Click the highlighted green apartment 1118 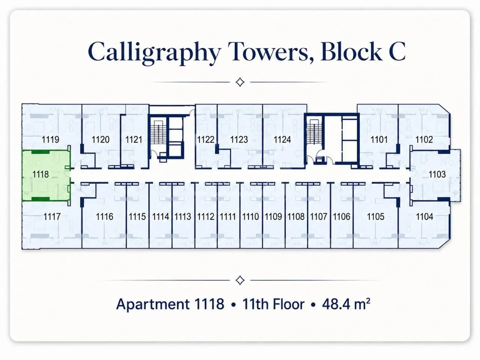46,175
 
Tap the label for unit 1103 437,174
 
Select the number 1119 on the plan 50,139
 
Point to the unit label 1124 282,139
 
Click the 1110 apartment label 250,217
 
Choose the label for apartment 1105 375,217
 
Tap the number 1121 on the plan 133,139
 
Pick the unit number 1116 105,217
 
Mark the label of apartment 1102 424,139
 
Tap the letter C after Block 397,52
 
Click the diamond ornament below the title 240,82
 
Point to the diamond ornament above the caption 240,280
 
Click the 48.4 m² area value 346,304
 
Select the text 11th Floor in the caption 273,304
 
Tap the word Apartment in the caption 153,304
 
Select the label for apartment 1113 183,217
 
